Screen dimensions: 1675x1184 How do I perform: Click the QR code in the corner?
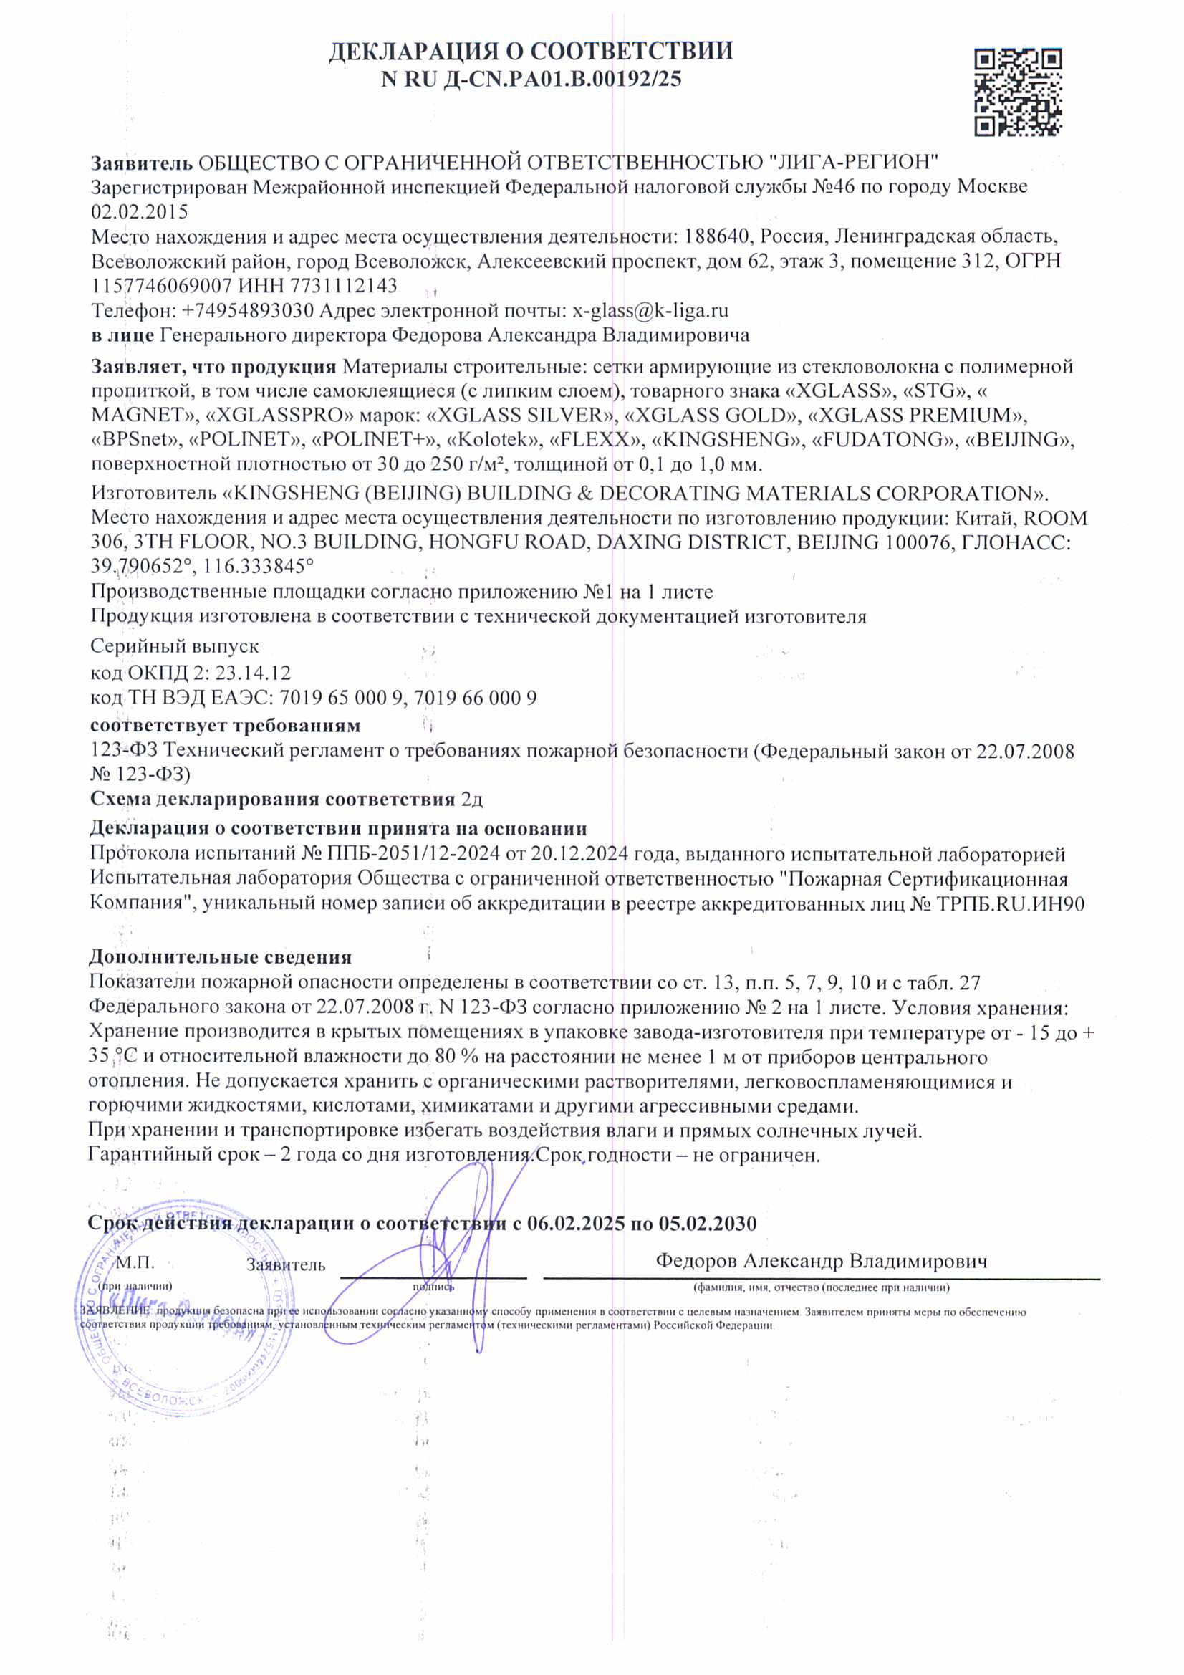(x=1017, y=92)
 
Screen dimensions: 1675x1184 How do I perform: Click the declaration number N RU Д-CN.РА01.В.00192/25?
(x=531, y=79)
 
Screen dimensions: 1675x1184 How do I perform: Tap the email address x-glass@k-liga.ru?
(x=650, y=311)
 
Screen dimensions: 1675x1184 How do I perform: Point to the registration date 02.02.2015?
(x=140, y=211)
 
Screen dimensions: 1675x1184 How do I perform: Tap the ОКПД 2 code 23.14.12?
(x=252, y=672)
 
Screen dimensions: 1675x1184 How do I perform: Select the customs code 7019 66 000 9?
(x=475, y=697)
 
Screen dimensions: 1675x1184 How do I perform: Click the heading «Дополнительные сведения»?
(x=220, y=956)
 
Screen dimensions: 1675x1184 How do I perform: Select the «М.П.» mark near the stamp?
(x=135, y=1262)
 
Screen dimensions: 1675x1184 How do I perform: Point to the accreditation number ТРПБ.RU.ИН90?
(x=1011, y=904)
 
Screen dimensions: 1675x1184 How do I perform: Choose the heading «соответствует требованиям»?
(x=225, y=725)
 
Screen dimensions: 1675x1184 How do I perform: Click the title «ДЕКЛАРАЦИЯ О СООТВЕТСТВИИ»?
(x=531, y=51)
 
